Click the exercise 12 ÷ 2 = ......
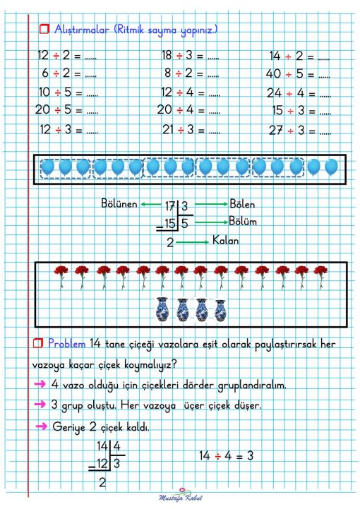pos(67,54)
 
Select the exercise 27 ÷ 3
pos(300,131)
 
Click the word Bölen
pos(242,204)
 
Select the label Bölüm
pos(243,222)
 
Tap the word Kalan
pos(225,241)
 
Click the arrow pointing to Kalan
pos(191,242)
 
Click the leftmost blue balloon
pos(48,167)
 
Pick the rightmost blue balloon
pos(331,167)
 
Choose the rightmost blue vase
pos(220,309)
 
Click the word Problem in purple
pos(67,343)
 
